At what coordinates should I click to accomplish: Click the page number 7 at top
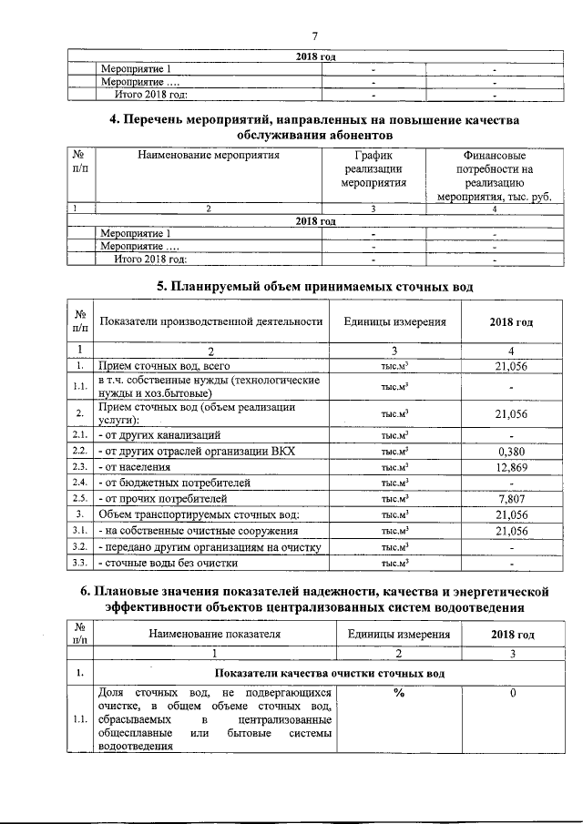point(313,36)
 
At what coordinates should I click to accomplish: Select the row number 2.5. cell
point(80,499)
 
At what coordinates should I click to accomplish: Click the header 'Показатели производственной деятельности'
point(211,322)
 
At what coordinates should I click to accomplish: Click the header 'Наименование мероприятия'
point(209,155)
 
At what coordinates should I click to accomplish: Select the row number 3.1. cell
point(80,530)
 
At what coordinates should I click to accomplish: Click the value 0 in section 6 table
point(513,694)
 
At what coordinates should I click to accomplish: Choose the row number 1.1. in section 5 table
point(80,386)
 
